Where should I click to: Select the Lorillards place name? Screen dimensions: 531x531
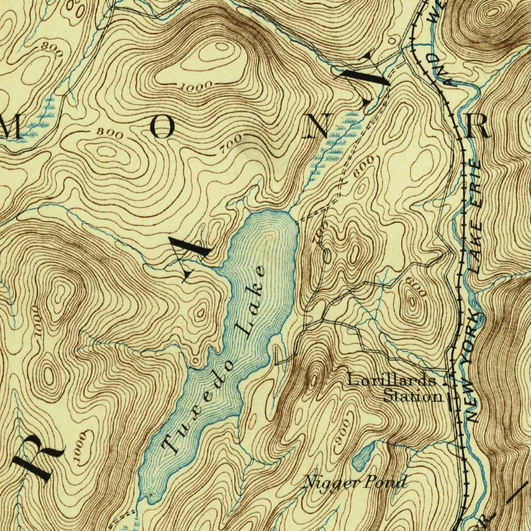(x=392, y=380)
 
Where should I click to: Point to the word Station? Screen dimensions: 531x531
(x=413, y=397)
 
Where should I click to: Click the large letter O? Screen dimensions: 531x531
(x=162, y=127)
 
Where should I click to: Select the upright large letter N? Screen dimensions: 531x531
(x=315, y=127)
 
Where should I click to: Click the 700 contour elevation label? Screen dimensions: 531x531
(x=230, y=143)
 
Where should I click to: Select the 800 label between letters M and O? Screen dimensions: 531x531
(x=110, y=133)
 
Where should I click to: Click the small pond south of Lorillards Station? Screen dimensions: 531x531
(x=362, y=455)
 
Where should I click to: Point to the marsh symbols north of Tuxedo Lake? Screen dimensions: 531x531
(x=334, y=137)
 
